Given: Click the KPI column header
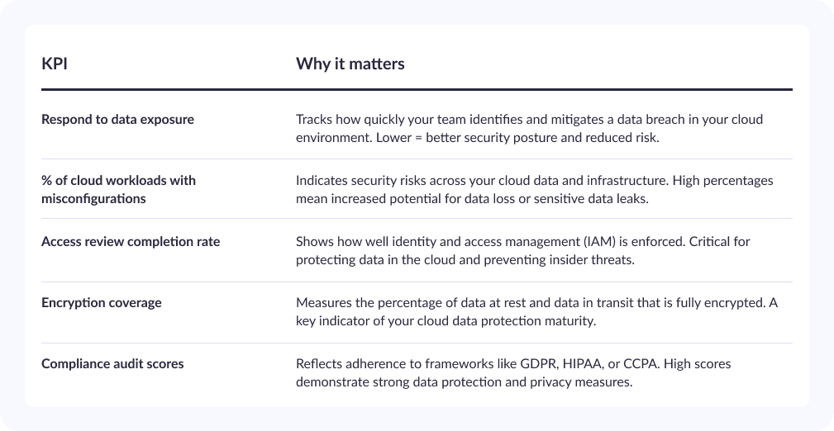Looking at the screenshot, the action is (55, 64).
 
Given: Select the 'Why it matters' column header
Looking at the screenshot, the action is (350, 64).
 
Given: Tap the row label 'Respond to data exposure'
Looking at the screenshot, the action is (117, 120).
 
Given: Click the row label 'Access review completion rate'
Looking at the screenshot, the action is (131, 242).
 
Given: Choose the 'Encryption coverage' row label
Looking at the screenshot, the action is (102, 303).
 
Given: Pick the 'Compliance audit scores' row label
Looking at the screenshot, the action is (112, 364).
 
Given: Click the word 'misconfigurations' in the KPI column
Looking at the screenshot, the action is (93, 199).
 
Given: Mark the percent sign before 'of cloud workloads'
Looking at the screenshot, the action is (46, 181).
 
